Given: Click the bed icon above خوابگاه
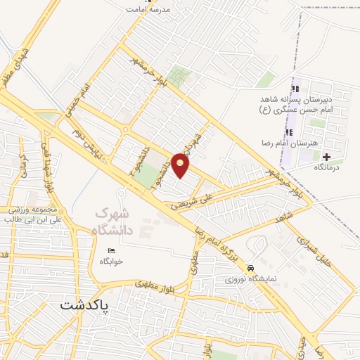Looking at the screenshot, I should [111, 250].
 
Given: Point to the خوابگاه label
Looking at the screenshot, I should [111, 261].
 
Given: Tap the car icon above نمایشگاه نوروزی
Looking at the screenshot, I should [251, 268].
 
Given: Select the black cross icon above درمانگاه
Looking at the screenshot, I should [326, 155].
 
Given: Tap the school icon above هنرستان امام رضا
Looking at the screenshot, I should [288, 132].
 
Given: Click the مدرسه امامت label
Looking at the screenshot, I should [154, 10].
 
